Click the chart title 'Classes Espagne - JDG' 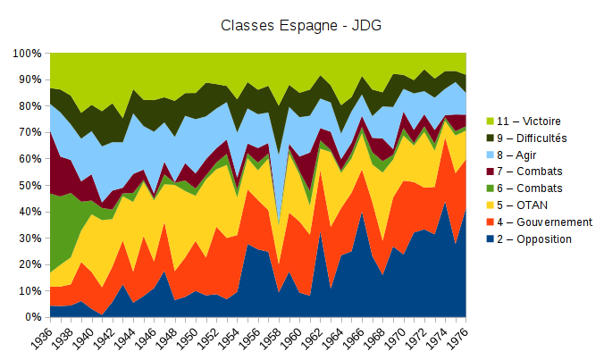(x=301, y=24)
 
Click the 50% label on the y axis (x=31, y=186)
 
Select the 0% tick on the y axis (x=35, y=317)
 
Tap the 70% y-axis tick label (x=31, y=133)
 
